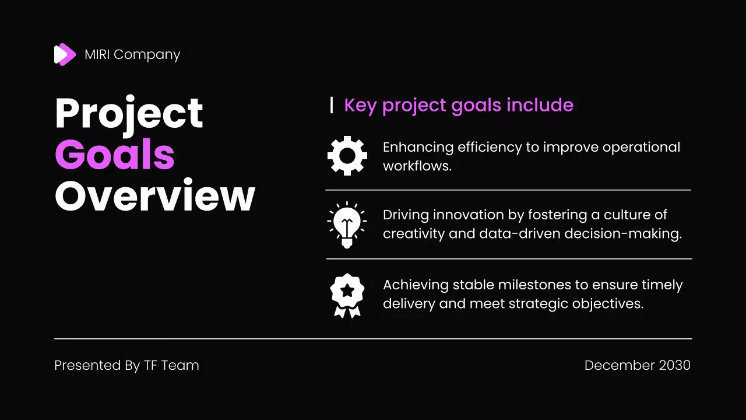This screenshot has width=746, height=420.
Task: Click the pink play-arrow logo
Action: pyautogui.click(x=65, y=55)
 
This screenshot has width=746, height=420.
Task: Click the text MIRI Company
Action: pyautogui.click(x=132, y=55)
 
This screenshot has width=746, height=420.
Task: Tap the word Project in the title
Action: pyautogui.click(x=129, y=114)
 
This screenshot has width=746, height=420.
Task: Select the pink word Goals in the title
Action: pyautogui.click(x=115, y=155)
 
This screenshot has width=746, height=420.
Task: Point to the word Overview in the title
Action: pyautogui.click(x=155, y=196)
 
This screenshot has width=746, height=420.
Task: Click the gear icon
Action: pyautogui.click(x=347, y=156)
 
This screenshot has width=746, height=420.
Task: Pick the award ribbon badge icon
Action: pyautogui.click(x=347, y=295)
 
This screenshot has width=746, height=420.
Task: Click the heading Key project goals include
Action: pyautogui.click(x=459, y=106)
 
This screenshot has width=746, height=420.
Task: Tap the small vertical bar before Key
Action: pyautogui.click(x=332, y=106)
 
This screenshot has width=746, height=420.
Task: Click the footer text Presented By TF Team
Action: pyautogui.click(x=126, y=365)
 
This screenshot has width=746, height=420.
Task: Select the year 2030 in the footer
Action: pyautogui.click(x=674, y=365)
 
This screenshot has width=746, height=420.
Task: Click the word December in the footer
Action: pyautogui.click(x=620, y=365)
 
